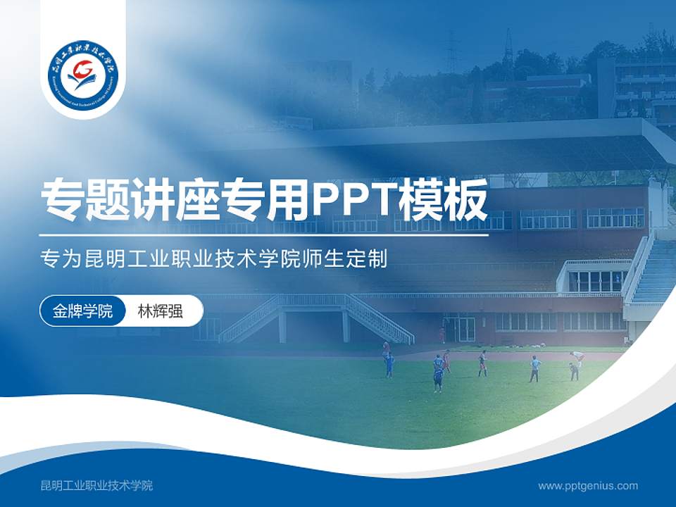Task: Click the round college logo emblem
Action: (x=83, y=71)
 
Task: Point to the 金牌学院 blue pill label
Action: (x=82, y=311)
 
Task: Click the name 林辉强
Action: (x=160, y=311)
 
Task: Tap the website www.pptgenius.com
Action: (x=587, y=486)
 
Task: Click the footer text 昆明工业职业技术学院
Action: (x=96, y=486)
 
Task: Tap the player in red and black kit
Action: (x=482, y=363)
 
